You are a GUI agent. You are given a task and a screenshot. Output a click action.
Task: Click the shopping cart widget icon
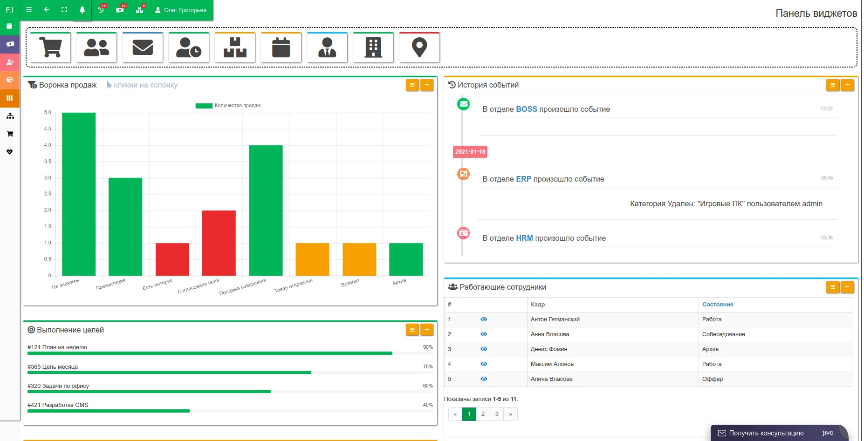click(x=50, y=47)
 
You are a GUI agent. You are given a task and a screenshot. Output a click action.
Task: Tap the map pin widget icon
click(x=419, y=47)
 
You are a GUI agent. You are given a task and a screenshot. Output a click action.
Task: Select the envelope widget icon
click(x=143, y=47)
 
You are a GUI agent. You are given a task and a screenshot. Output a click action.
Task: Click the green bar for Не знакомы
click(x=79, y=194)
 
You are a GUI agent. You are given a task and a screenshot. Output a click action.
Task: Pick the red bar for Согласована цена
click(x=219, y=243)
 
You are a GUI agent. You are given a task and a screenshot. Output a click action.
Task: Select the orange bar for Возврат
click(x=359, y=259)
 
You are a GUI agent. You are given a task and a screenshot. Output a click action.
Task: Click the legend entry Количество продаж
click(x=228, y=106)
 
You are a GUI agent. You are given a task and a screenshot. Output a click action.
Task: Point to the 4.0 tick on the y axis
click(x=48, y=145)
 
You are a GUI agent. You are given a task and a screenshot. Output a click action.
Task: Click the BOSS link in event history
click(x=526, y=109)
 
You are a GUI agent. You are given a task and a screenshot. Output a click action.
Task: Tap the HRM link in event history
click(x=524, y=238)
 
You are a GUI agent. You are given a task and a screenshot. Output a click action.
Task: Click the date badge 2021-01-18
click(x=470, y=152)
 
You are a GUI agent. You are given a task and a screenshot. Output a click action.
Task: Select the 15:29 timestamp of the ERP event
click(x=826, y=178)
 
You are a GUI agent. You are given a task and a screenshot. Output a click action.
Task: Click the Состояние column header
click(x=718, y=305)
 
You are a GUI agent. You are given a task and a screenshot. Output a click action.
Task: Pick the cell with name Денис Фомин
click(x=549, y=349)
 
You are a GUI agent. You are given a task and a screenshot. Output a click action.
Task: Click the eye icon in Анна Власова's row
click(x=484, y=334)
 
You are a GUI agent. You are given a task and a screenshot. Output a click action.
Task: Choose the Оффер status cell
click(x=713, y=379)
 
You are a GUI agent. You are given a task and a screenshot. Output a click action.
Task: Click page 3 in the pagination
click(x=497, y=414)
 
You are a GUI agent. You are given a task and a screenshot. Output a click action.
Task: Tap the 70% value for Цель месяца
click(x=428, y=367)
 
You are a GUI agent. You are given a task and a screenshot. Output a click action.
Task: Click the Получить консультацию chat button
click(x=766, y=433)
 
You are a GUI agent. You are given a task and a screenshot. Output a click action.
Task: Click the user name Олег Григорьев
click(x=185, y=10)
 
